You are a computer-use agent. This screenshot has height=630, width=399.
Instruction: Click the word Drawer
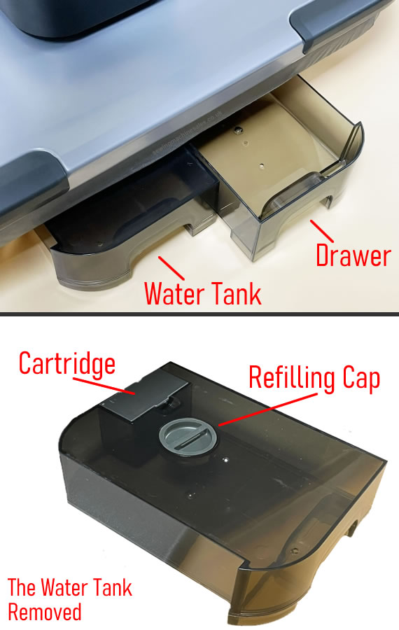point(352,255)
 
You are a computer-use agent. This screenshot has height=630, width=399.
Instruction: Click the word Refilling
point(292,379)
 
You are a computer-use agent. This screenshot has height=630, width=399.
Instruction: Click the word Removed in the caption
point(45,612)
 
